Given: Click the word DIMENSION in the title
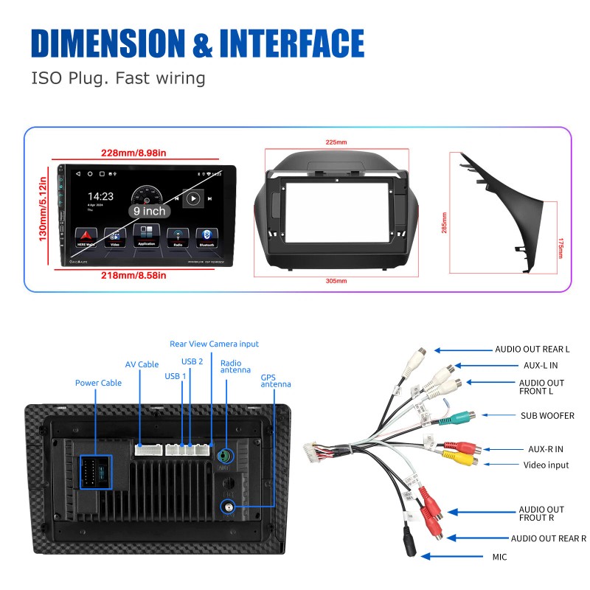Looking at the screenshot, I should (108, 44).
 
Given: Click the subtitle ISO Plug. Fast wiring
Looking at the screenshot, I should (118, 77).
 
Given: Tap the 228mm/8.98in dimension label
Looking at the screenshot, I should (133, 153).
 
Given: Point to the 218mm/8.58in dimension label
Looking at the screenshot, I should (133, 275).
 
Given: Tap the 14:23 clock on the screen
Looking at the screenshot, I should (101, 197).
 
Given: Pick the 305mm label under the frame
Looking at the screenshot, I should (336, 281).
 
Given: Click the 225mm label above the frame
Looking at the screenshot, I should (336, 142).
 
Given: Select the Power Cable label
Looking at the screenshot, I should (98, 383).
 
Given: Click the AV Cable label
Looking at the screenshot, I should (142, 364).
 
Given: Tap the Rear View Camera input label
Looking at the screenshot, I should (214, 344).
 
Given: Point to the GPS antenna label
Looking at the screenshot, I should (276, 381).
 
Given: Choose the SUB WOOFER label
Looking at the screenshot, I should (547, 416).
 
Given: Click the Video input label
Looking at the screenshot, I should (546, 465).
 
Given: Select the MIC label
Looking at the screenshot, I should (499, 557).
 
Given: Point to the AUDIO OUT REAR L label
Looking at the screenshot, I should (532, 350).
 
